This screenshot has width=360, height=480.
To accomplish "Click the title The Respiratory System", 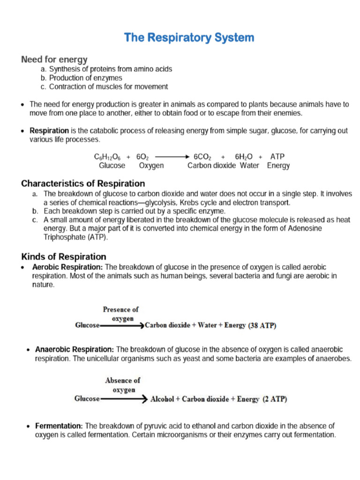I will pyautogui.click(x=189, y=37).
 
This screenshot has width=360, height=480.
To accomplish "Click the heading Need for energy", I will pyautogui.click(x=54, y=60).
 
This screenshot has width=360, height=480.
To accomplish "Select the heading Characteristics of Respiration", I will pyautogui.click(x=83, y=183).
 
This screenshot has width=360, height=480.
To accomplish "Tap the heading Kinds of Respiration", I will pyautogui.click(x=64, y=257).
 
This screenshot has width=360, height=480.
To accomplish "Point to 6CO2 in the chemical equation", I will pyautogui.click(x=203, y=157).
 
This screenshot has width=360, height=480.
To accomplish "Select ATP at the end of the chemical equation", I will pyautogui.click(x=277, y=157).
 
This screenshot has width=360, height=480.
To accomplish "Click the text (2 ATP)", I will pyautogui.click(x=275, y=399).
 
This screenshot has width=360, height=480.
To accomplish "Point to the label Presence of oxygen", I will pyautogui.click(x=120, y=314).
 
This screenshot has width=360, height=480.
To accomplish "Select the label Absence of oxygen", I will pyautogui.click(x=122, y=385).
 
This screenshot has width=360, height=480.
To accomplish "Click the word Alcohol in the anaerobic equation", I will pyautogui.click(x=162, y=399).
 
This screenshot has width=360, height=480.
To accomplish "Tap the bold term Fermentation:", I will pyautogui.click(x=60, y=426).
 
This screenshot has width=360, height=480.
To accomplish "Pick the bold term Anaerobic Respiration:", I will pyautogui.click(x=75, y=350).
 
